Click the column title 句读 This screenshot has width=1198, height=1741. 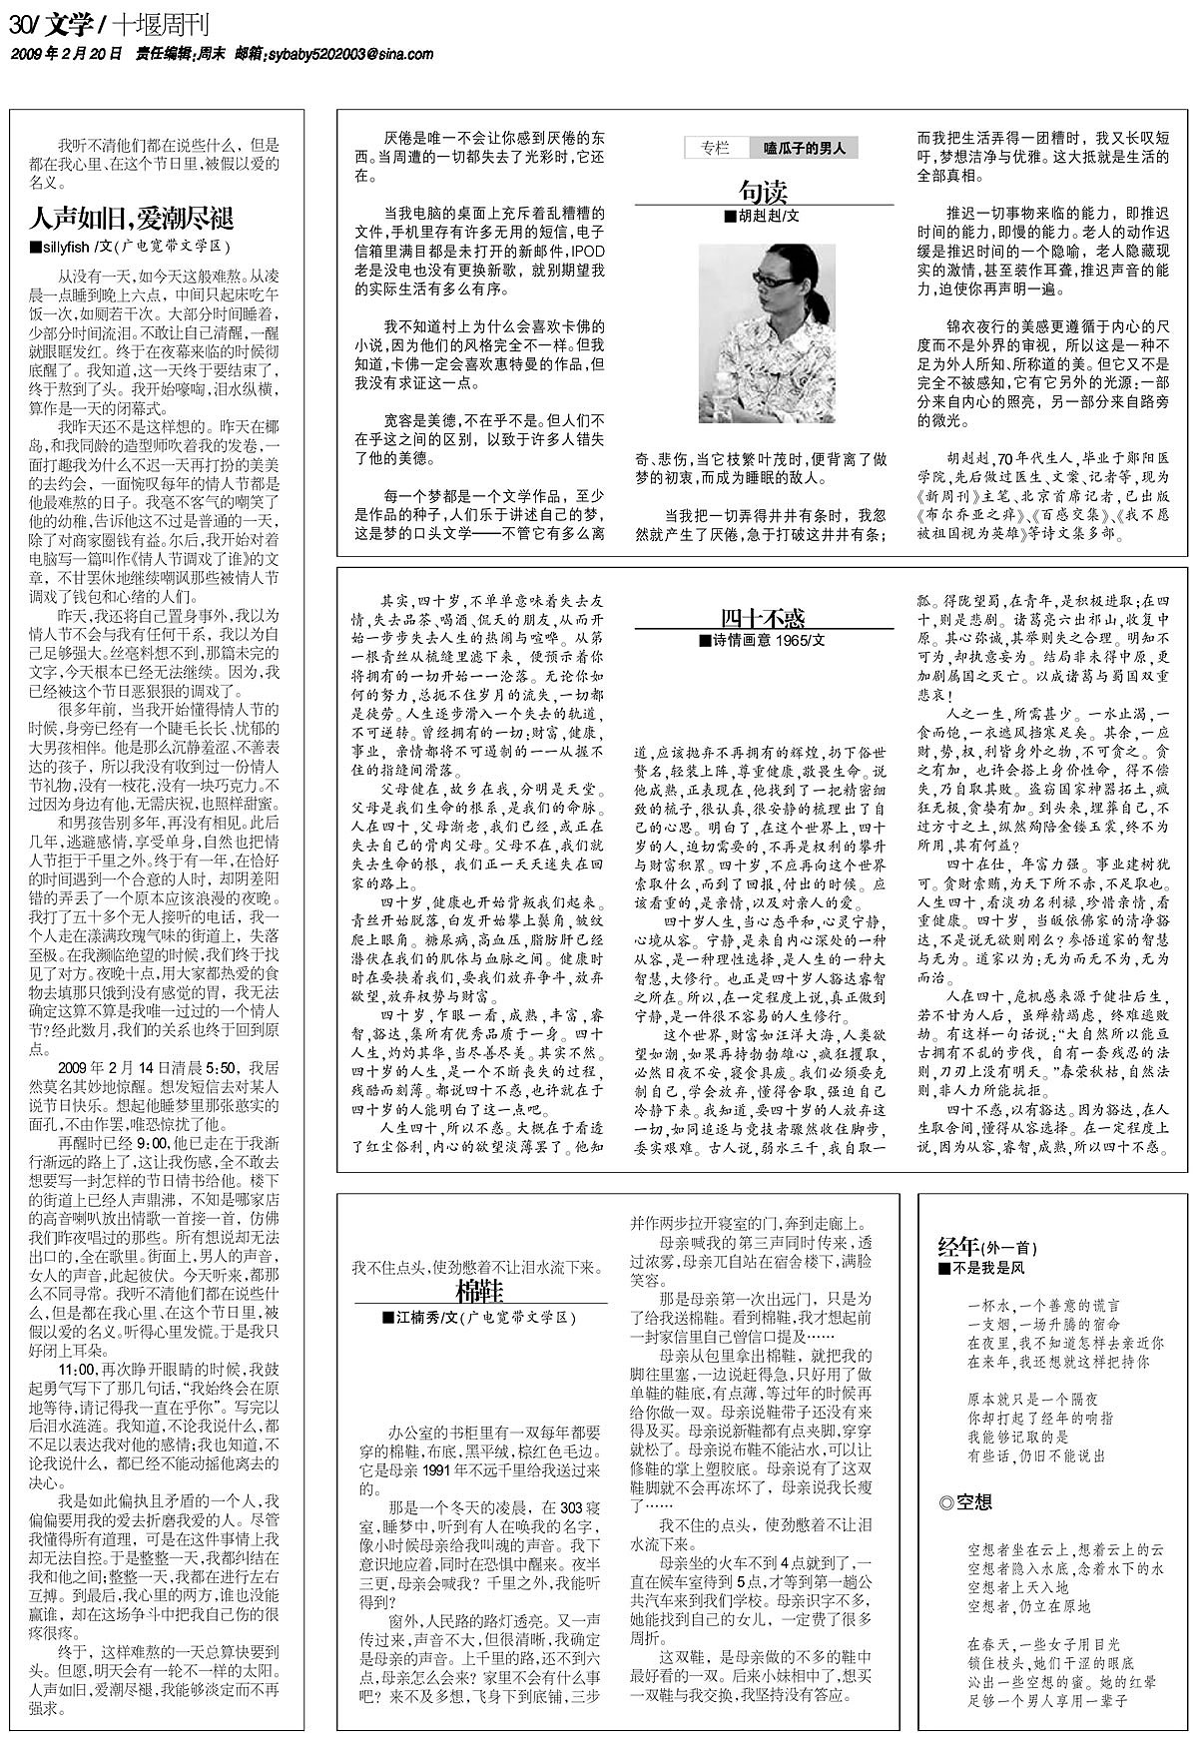pyautogui.click(x=764, y=190)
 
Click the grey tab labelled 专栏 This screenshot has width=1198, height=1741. pyautogui.click(x=715, y=149)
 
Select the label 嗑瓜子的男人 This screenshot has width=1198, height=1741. pyautogui.click(x=804, y=149)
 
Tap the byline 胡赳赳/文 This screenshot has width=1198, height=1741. pyautogui.click(x=764, y=216)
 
